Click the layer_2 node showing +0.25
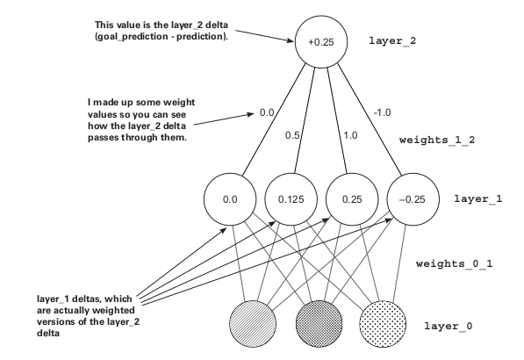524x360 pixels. click(321, 41)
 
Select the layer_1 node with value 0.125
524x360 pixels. click(291, 199)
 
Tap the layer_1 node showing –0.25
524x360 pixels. click(413, 199)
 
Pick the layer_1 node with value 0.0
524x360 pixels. click(230, 199)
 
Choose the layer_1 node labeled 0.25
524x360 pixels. click(352, 199)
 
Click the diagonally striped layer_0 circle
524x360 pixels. click(253, 324)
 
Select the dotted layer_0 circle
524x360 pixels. click(383, 324)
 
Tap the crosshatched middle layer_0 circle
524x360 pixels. click(319, 324)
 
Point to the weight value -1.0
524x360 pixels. click(383, 112)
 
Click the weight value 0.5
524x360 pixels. click(292, 135)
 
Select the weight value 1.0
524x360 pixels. click(350, 135)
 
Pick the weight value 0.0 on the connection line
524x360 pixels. click(267, 112)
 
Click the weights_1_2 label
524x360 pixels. click(437, 140)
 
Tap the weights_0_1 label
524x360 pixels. click(454, 263)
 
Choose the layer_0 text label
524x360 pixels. click(449, 326)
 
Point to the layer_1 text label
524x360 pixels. click(477, 199)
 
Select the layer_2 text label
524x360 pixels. click(392, 40)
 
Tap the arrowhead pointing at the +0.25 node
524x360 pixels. click(291, 40)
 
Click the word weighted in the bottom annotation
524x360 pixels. click(113, 310)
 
